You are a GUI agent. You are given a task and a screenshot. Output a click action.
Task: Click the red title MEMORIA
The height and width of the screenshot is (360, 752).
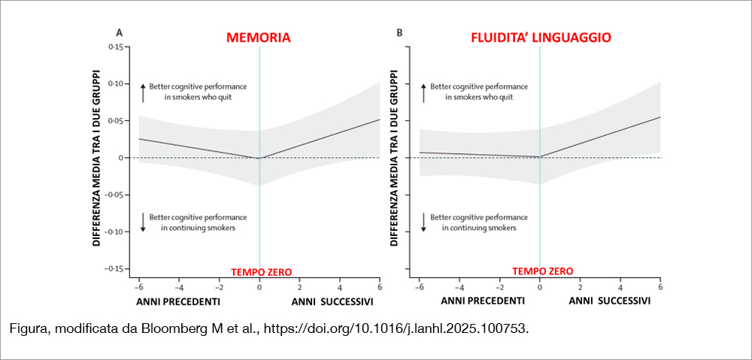tap(259, 38)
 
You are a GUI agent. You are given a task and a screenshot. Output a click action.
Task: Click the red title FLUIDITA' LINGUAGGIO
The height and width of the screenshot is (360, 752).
tap(540, 37)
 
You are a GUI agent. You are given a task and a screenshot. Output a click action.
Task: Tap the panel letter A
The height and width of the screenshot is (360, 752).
tap(119, 32)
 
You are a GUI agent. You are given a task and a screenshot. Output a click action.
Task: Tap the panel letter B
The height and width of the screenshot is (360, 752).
tap(399, 32)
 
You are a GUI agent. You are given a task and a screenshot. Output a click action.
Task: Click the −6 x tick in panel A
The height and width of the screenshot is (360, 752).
tap(138, 287)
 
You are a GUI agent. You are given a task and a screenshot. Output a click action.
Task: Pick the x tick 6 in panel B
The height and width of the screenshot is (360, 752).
tap(660, 287)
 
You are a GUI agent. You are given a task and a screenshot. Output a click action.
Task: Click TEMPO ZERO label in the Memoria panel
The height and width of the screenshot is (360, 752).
tap(260, 272)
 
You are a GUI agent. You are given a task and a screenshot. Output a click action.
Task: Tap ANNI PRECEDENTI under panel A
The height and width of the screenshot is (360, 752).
tap(178, 301)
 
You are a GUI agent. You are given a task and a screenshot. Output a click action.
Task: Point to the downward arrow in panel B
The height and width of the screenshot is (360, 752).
tap(423, 222)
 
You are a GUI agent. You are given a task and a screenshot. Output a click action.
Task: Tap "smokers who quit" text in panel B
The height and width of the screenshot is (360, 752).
tap(478, 97)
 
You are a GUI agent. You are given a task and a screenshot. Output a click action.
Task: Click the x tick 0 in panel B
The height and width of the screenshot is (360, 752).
tap(540, 287)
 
